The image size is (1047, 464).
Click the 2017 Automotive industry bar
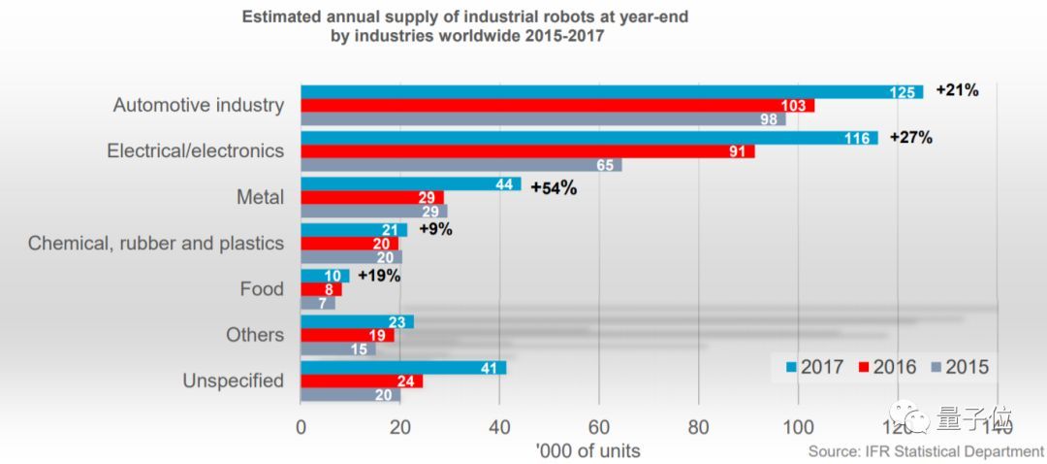tap(611, 91)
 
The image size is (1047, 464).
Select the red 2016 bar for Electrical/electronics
tap(527, 151)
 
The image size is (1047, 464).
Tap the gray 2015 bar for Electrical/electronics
tap(461, 165)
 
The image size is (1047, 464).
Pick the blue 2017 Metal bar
tap(411, 184)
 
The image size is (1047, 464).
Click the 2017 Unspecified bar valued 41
tap(403, 368)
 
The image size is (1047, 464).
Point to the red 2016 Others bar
tap(348, 335)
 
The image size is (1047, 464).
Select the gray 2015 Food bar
tap(318, 303)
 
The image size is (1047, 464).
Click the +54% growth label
tap(554, 187)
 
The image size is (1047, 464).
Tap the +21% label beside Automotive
tap(957, 90)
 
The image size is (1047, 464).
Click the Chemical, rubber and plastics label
tap(156, 244)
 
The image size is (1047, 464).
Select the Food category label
tap(262, 289)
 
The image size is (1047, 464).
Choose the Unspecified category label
tap(234, 381)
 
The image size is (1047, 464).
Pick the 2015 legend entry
tap(960, 368)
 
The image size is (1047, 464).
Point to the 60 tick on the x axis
tap(599, 426)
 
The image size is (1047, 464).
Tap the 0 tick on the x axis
tap(301, 426)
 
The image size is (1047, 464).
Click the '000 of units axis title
tap(588, 451)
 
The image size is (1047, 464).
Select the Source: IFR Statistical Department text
tap(926, 451)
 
